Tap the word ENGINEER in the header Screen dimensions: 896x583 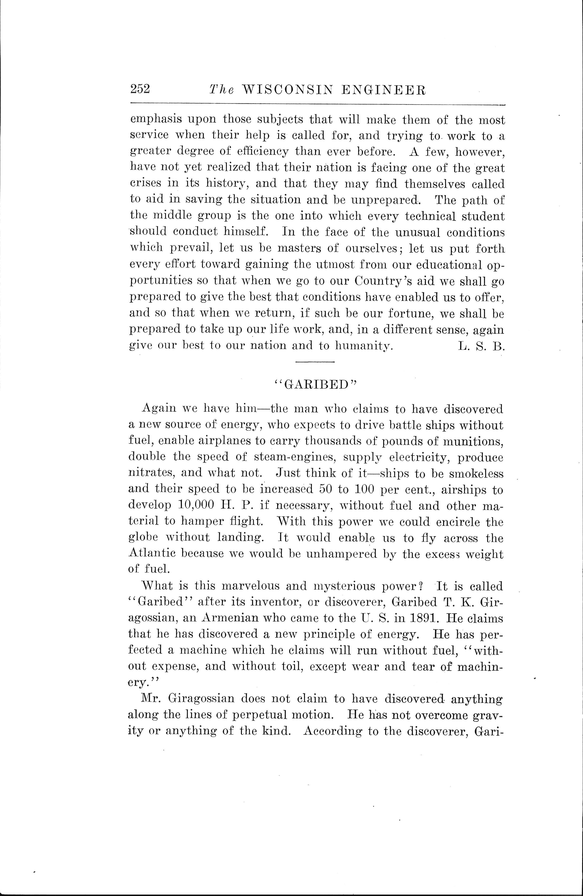pos(388,90)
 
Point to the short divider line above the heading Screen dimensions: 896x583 pos(315,362)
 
